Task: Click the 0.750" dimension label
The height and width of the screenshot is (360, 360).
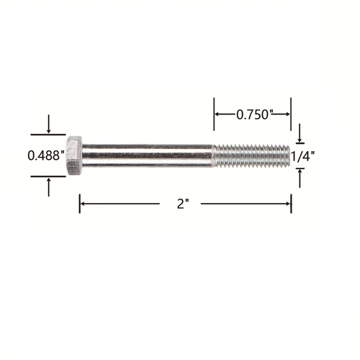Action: point(255,114)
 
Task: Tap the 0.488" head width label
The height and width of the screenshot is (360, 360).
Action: point(46,156)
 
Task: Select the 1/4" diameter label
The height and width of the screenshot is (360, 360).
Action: point(302,156)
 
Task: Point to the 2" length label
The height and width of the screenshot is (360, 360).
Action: point(183,204)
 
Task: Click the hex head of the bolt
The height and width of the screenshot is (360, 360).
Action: point(74,156)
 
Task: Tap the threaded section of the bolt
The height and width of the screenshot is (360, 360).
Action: point(251,156)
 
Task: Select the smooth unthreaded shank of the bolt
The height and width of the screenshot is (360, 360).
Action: point(147,156)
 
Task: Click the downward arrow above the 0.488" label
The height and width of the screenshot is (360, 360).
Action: point(49,124)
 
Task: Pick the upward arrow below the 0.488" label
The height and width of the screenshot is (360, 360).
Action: point(49,187)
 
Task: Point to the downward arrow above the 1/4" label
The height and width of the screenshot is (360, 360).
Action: point(300,133)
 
